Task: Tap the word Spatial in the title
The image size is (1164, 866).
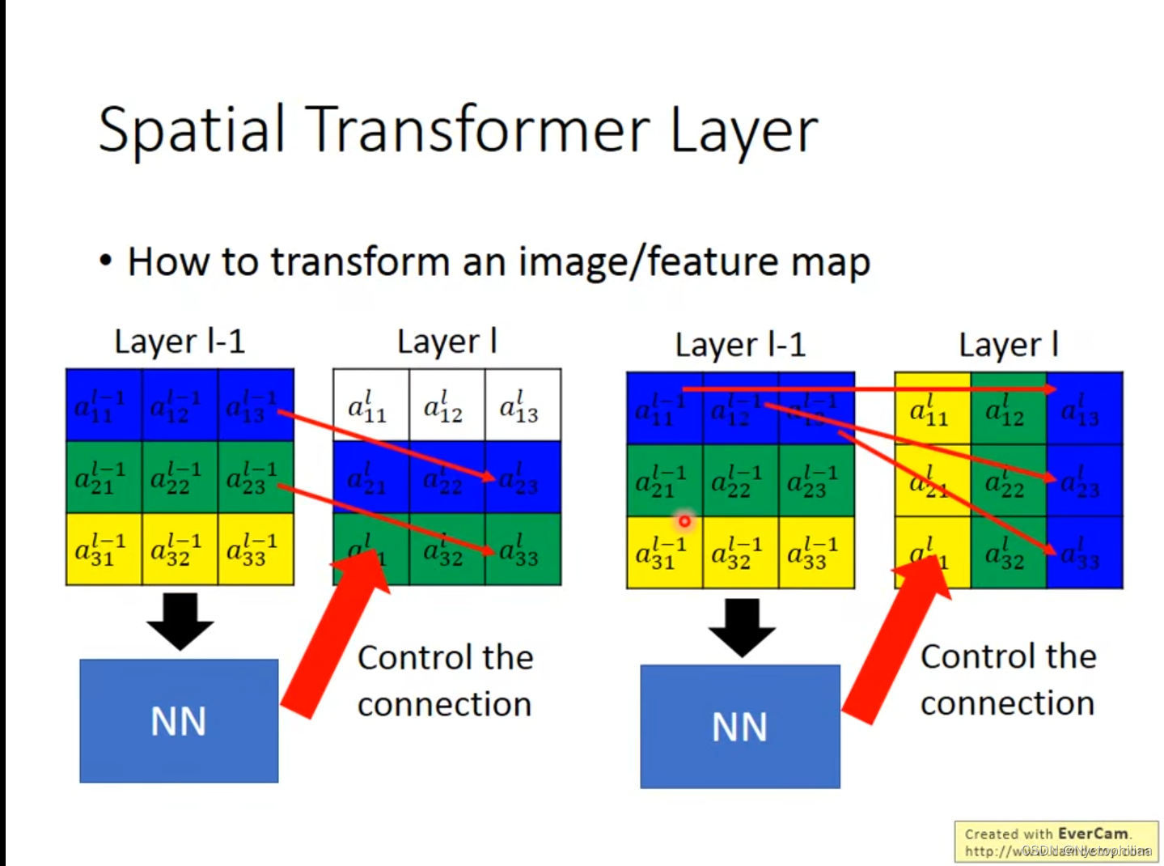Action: [192, 129]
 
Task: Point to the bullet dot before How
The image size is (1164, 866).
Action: [105, 261]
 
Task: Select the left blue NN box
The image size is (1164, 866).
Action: [179, 720]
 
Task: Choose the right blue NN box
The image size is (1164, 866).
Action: [739, 726]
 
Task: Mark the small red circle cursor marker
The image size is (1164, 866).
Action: [684, 520]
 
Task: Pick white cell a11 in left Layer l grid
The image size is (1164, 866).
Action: [370, 405]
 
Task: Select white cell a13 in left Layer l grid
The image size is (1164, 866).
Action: [523, 405]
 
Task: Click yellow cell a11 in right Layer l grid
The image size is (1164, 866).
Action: [932, 409]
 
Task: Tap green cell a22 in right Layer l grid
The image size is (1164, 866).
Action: [1008, 481]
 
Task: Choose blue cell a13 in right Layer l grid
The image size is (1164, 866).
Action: [1084, 409]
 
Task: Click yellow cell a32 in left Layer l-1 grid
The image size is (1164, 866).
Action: [180, 549]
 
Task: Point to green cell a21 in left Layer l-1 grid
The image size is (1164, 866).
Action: [104, 478]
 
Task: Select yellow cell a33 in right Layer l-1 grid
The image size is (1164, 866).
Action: [816, 552]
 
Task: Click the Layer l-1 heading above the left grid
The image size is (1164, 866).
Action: [180, 342]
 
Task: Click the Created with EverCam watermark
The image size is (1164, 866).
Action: [1056, 842]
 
